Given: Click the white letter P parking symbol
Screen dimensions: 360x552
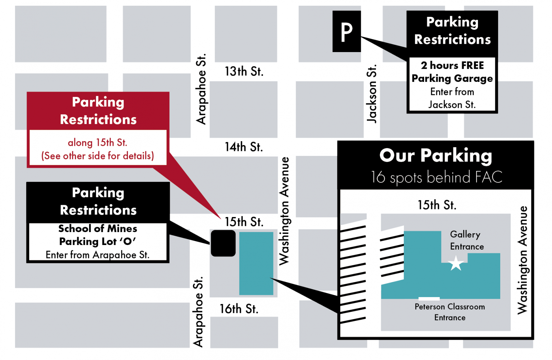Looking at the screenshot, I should tap(346, 32).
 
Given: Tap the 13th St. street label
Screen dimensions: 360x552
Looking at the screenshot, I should tap(244, 71).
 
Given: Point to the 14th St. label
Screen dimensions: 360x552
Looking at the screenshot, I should tap(244, 147).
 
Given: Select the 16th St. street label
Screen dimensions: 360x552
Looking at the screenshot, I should tap(239, 309).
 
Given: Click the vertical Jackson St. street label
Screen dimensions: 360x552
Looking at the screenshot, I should tap(372, 94).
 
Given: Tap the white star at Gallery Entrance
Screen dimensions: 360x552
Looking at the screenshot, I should tap(456, 263).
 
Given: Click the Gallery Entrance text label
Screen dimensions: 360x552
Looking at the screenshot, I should tap(467, 240).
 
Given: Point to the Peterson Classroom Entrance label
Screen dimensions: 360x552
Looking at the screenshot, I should tap(450, 312).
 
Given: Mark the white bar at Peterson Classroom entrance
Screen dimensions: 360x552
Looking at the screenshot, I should tap(429, 299).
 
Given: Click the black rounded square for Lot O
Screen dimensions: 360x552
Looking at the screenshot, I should tap(223, 243).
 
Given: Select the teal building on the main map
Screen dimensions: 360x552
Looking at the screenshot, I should tap(256, 263).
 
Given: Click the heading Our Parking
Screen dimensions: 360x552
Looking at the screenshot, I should tap(436, 156).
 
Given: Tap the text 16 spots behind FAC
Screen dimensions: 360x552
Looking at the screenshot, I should tap(436, 177).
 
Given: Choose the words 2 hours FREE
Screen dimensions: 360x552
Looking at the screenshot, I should tap(452, 65).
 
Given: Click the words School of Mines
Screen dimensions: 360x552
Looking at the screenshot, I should tap(98, 229).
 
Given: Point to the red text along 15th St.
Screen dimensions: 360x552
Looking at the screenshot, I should tap(97, 143).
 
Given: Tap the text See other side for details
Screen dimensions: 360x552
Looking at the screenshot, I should tap(97, 156).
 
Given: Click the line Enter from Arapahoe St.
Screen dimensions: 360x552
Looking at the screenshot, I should tap(97, 255).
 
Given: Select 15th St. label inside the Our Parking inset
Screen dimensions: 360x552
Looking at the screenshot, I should tap(437, 205).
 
